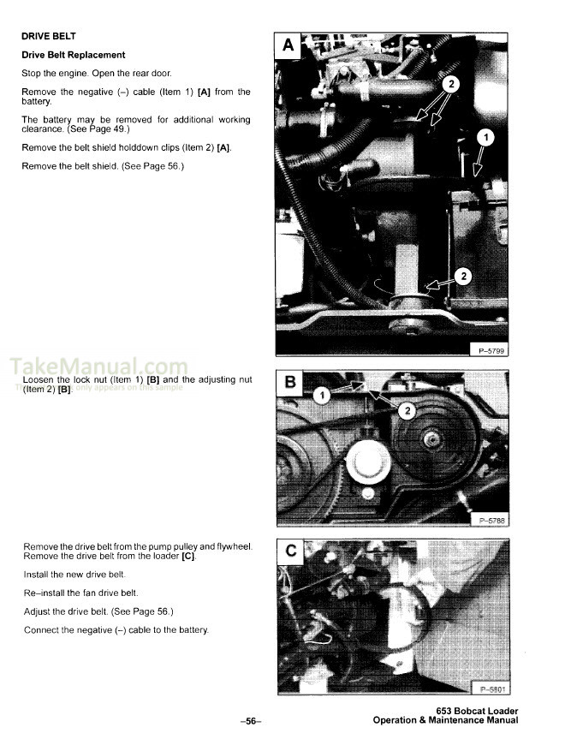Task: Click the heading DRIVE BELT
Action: [x=49, y=37]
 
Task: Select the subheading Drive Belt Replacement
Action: [x=74, y=56]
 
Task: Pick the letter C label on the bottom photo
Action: [x=288, y=551]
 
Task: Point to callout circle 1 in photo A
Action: [x=485, y=138]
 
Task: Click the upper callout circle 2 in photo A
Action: [x=451, y=84]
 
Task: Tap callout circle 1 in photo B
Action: [x=320, y=395]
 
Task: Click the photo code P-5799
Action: [x=489, y=349]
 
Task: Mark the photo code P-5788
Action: [x=489, y=520]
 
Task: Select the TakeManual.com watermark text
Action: [x=98, y=369]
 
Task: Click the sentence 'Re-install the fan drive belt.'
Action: [x=79, y=593]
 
